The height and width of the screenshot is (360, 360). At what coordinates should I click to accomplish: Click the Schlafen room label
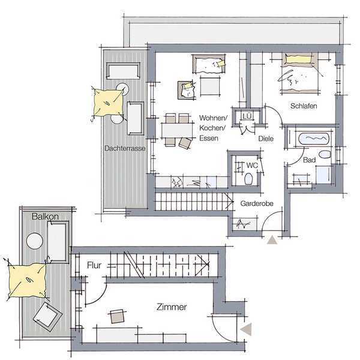coord(304,106)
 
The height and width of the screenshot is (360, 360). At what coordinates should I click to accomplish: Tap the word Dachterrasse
coord(125,148)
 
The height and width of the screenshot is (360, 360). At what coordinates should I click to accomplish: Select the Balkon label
coord(45,216)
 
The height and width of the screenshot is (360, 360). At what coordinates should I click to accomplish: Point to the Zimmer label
coord(172,307)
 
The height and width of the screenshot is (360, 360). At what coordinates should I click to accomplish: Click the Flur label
coord(94,265)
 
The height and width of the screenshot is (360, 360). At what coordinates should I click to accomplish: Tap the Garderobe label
coord(257,203)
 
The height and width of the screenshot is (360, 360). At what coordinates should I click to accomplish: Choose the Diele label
coord(266,139)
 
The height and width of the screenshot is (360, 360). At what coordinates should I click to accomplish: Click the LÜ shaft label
coord(247,116)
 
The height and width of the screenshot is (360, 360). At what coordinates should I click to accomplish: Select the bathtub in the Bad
coord(314,138)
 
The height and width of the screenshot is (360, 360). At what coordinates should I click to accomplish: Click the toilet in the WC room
coord(248,179)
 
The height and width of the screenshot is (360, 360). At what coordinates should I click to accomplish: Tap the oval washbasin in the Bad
coord(325,154)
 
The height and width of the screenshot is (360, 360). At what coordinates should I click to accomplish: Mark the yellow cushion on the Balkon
coord(28,281)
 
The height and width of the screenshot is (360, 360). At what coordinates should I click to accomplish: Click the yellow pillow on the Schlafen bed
coord(298,59)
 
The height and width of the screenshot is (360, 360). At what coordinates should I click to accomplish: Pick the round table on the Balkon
coord(35,241)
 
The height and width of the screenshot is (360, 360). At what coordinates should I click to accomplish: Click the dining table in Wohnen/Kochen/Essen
coord(177,131)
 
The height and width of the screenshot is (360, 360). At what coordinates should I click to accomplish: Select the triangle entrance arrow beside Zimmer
coord(247,329)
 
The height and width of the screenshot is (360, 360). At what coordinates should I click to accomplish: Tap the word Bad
coord(309,160)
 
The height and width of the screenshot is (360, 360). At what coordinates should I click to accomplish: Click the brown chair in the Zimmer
coord(118,317)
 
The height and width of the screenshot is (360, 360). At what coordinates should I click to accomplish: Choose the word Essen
coord(209,138)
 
